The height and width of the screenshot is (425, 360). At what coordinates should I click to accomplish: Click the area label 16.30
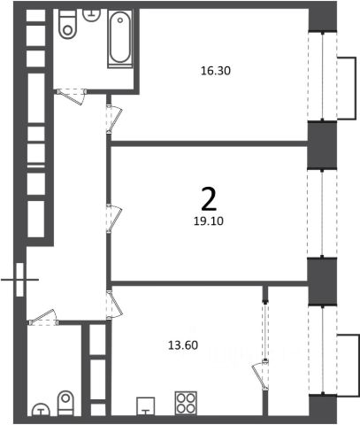(216, 71)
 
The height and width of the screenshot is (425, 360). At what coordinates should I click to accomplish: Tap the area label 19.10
(209, 220)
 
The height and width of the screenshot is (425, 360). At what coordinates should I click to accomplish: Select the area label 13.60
(183, 345)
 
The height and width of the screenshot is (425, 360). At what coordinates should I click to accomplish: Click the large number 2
(209, 199)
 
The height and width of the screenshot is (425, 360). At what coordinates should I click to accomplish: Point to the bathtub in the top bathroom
(120, 38)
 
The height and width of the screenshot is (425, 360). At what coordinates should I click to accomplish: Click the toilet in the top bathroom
(67, 24)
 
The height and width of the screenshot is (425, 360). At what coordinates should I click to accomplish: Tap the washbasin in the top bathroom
(92, 14)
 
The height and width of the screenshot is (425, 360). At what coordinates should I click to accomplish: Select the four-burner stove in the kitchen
(186, 403)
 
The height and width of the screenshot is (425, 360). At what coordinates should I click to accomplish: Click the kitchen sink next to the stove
(146, 406)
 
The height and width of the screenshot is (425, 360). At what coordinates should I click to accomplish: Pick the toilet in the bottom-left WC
(65, 404)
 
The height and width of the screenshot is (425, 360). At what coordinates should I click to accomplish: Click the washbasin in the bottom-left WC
(41, 410)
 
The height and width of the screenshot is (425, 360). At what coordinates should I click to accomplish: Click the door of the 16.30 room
(114, 119)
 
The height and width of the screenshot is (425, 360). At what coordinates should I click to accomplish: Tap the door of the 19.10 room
(114, 219)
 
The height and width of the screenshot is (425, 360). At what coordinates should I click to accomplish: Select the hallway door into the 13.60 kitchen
(114, 305)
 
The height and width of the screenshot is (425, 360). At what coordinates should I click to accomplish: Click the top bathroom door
(72, 96)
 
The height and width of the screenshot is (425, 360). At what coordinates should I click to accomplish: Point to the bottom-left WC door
(43, 318)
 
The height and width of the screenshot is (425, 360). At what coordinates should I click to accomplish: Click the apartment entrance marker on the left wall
(19, 280)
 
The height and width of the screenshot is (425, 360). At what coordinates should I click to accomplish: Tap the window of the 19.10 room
(322, 213)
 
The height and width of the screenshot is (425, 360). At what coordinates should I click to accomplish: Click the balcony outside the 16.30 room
(347, 88)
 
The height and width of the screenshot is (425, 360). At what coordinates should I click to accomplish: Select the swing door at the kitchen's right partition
(260, 375)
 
